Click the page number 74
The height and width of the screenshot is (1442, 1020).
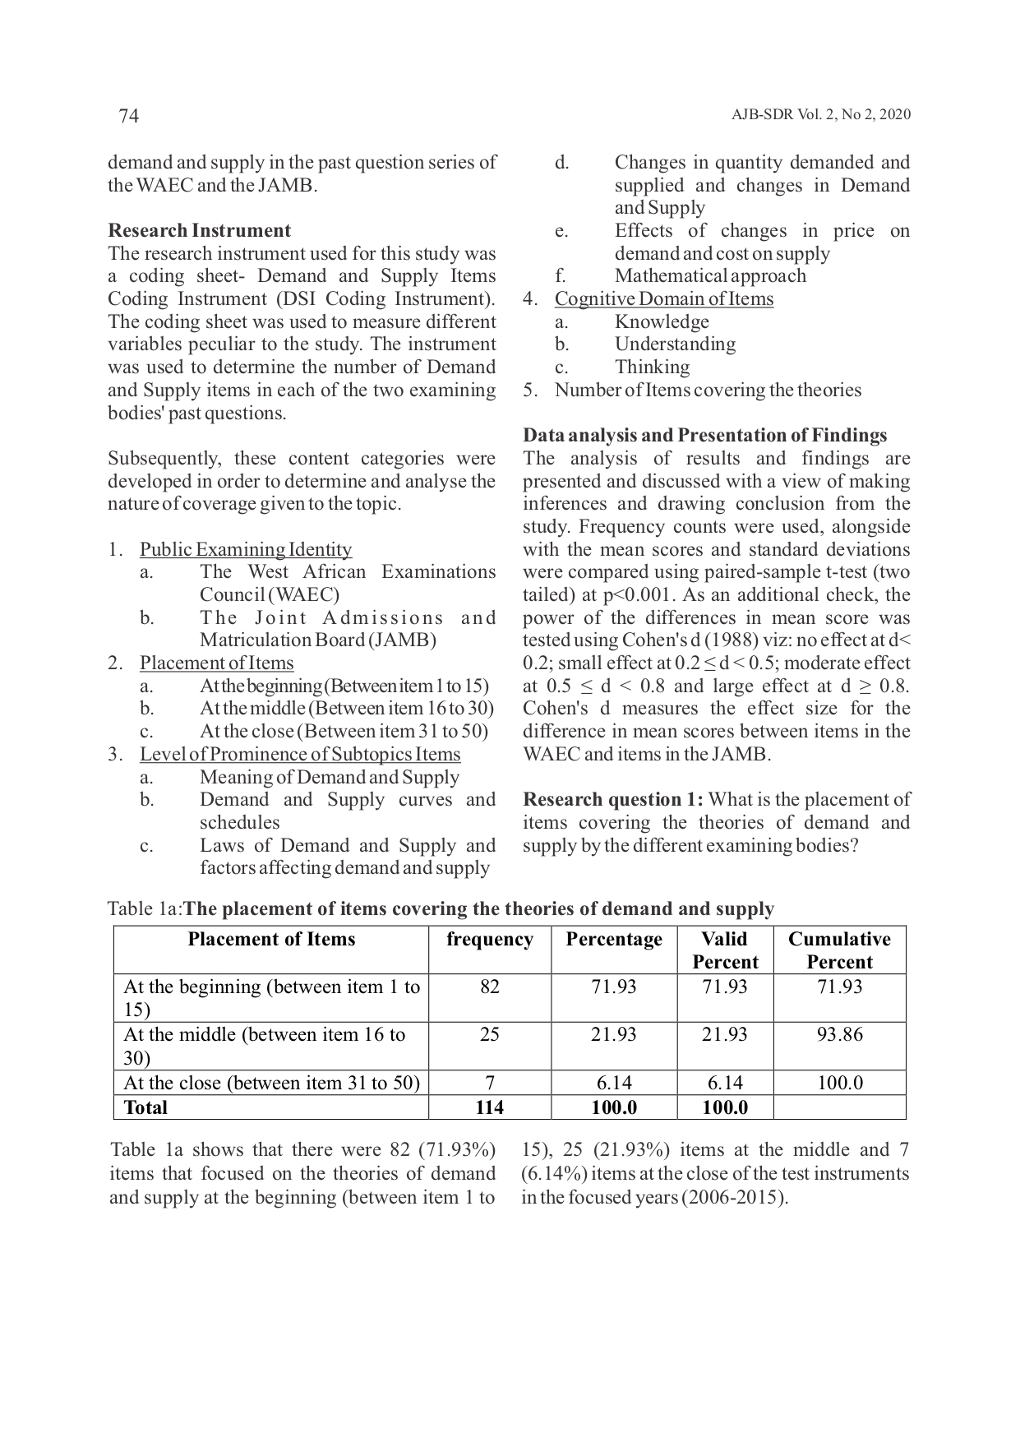point(129,116)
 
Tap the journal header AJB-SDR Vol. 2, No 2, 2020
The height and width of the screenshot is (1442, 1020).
point(820,115)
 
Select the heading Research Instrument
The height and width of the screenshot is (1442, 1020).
point(199,231)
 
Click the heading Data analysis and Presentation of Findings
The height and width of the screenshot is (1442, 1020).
point(704,436)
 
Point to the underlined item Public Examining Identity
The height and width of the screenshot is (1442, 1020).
point(246,550)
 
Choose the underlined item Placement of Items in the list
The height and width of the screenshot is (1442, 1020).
point(216,663)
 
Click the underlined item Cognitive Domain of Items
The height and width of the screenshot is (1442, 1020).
point(664,299)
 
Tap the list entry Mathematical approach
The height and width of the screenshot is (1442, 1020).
point(710,276)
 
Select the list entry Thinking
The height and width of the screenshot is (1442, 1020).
point(653,367)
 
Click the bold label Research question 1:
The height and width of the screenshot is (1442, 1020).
point(613,800)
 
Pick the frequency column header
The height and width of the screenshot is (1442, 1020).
point(490,940)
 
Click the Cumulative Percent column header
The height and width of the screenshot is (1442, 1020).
point(839,950)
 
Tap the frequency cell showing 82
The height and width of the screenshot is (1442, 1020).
point(490,987)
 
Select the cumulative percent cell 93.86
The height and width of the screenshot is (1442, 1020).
point(839,1035)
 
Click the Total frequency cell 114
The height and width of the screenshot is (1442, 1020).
point(490,1108)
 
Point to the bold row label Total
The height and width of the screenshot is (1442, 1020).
point(145,1108)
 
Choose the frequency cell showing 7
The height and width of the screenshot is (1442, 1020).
point(490,1084)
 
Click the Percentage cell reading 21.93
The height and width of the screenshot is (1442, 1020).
point(614,1035)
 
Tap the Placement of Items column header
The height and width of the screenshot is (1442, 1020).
point(271,940)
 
